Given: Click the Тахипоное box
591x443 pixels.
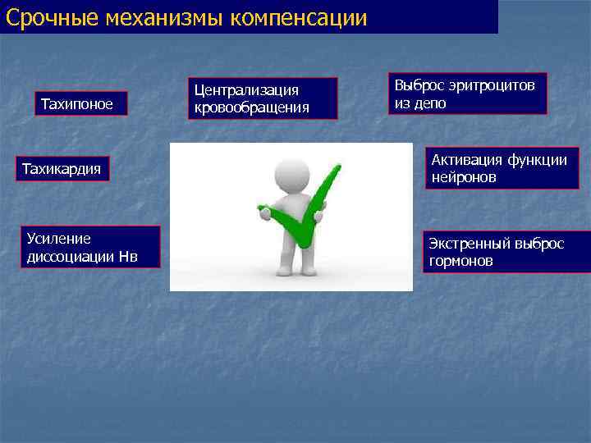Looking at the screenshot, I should (80, 103).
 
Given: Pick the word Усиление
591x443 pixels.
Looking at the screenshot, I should (58, 239).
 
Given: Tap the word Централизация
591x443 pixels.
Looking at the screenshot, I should (245, 89).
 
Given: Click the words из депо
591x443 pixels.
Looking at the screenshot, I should (419, 103).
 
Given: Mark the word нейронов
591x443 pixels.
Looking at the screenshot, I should (464, 177).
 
